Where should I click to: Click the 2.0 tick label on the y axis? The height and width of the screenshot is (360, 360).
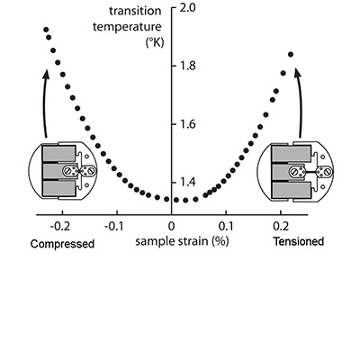(x=187, y=8)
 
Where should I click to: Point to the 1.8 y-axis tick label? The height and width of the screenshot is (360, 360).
(x=187, y=66)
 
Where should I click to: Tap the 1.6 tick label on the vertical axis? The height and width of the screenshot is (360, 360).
(x=187, y=124)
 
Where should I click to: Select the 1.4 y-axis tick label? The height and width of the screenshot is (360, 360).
(x=187, y=182)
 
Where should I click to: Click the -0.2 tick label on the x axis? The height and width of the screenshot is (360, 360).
(x=60, y=226)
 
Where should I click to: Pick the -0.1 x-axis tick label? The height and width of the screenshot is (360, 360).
(x=114, y=226)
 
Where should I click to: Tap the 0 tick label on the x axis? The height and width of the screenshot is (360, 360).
(x=171, y=226)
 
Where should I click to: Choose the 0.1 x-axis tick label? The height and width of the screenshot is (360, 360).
(x=226, y=226)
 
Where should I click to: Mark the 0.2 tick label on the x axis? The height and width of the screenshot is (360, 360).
(x=281, y=226)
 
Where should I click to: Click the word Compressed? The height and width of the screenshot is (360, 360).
(x=62, y=244)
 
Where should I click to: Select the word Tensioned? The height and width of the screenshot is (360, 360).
(x=299, y=241)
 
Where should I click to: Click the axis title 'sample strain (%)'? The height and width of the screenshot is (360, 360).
(x=182, y=241)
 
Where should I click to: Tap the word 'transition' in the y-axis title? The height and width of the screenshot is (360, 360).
(x=135, y=12)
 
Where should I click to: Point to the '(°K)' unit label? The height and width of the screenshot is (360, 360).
(x=155, y=43)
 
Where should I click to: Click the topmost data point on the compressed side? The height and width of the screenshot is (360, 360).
(x=46, y=30)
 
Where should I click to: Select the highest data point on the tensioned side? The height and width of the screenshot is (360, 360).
(x=291, y=54)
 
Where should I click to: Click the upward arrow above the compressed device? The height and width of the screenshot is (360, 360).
(x=44, y=103)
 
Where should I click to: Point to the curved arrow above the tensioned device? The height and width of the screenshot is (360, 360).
(x=300, y=103)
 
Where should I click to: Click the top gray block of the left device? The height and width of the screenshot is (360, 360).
(x=58, y=153)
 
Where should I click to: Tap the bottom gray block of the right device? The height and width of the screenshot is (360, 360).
(x=291, y=191)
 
